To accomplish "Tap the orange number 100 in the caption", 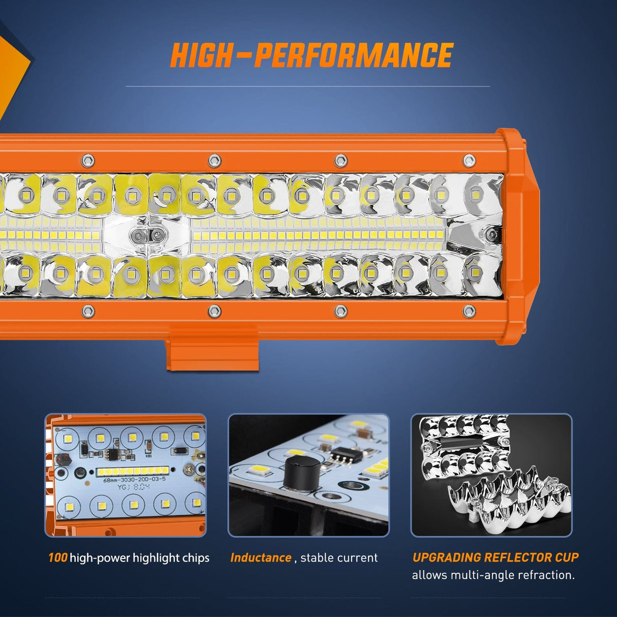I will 57,558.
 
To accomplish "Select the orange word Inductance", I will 260,558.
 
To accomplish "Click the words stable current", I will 339,558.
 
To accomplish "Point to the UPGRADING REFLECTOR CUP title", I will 495,557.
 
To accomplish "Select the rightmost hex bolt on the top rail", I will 469,161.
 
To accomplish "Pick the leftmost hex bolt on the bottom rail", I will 87,310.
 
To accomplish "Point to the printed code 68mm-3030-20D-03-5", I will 134,479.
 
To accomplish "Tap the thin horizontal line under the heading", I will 307,86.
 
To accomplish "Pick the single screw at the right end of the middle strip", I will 491,234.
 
